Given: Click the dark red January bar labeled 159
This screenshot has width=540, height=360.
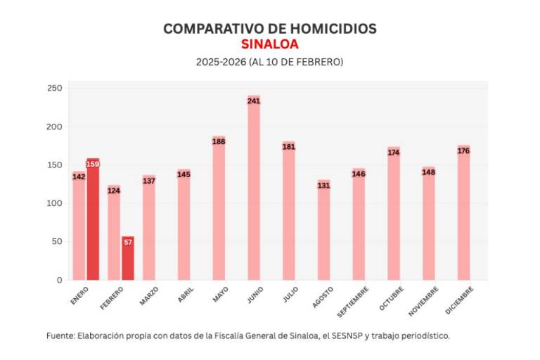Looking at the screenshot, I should (x=93, y=219).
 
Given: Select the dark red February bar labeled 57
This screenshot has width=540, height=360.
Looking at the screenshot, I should (x=127, y=258).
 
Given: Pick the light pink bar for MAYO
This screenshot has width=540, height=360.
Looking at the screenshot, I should (x=219, y=208).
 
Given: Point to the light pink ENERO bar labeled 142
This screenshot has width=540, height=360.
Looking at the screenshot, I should (x=79, y=226).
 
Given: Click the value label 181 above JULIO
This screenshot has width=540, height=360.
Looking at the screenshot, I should (x=289, y=147).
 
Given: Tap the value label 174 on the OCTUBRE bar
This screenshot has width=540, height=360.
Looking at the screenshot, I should (x=394, y=152).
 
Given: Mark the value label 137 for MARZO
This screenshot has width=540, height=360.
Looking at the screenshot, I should (x=148, y=181).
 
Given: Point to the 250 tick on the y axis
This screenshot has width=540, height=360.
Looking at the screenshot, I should (x=55, y=89).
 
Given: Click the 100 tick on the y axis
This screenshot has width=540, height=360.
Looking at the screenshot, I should (x=55, y=203).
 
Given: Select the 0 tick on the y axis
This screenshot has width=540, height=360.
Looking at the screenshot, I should (x=59, y=280).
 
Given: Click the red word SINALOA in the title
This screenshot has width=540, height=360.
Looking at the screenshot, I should (x=269, y=44).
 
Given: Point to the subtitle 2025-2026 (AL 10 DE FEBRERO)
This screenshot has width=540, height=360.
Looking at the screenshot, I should (x=269, y=62).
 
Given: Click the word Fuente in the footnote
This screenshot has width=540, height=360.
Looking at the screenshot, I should (x=60, y=335).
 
